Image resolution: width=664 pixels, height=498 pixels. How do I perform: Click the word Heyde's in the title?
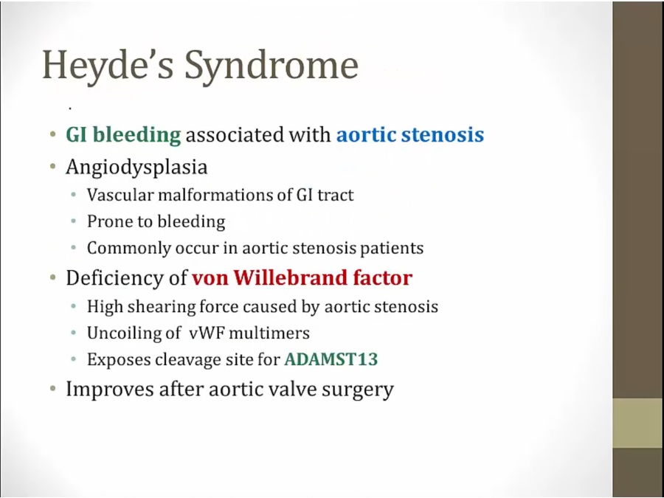[x=108, y=66]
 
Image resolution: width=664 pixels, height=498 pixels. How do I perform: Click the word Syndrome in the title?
[x=272, y=66]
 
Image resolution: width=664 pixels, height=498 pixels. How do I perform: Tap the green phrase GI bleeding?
[x=123, y=136]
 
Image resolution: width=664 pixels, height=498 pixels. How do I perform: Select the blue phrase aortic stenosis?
[x=410, y=135]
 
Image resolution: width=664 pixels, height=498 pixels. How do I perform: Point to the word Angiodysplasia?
[x=136, y=167]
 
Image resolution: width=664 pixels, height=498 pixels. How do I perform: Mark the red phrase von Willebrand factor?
[x=302, y=278]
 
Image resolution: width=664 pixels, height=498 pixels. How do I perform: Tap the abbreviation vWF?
[x=203, y=333]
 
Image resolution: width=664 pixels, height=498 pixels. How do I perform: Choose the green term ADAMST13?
[x=331, y=359]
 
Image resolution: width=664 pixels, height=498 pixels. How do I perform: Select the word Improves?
[x=110, y=390]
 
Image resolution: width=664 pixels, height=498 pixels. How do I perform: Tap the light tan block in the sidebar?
[x=638, y=423]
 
